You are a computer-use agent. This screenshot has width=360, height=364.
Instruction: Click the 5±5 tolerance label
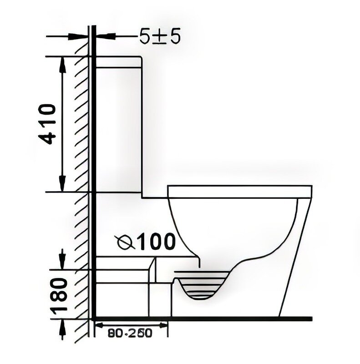(160, 36)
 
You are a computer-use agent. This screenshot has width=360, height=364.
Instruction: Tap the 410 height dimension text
(47, 124)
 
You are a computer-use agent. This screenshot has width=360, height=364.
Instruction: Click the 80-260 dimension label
(130, 333)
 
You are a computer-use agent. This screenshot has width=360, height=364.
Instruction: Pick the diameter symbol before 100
(126, 243)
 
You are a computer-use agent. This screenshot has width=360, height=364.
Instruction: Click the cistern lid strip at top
(118, 62)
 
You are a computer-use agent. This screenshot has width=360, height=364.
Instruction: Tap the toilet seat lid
(240, 192)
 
